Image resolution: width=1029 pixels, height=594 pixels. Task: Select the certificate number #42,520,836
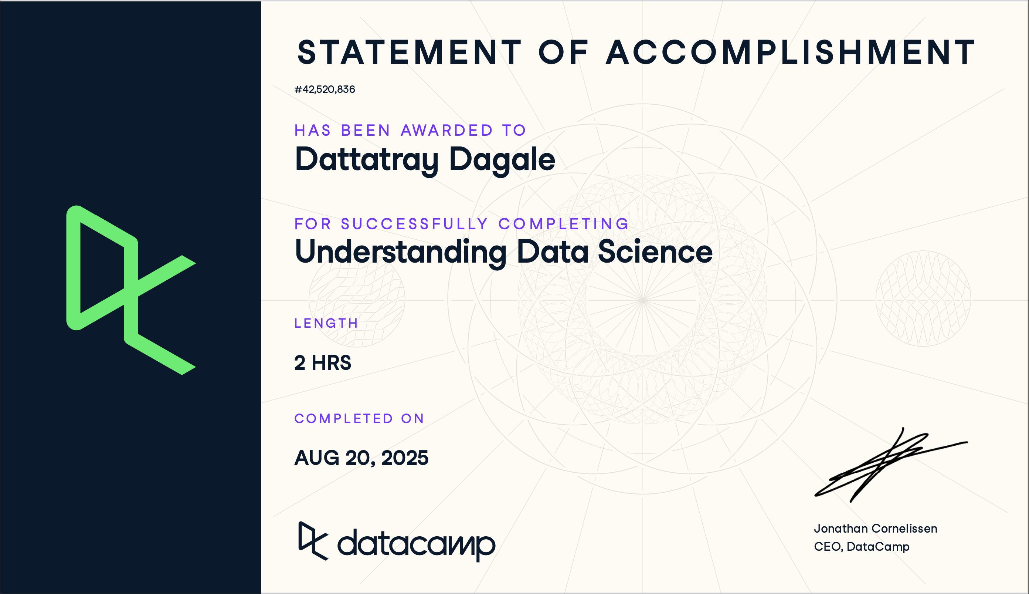[x=325, y=90]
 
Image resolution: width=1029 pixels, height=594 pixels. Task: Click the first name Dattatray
[x=366, y=159]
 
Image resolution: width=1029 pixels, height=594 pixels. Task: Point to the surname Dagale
[x=502, y=159]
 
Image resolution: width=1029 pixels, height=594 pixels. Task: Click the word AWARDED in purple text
[x=447, y=131]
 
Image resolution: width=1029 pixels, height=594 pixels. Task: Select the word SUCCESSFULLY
[x=414, y=224]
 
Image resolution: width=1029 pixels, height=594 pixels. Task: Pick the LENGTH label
[x=326, y=323]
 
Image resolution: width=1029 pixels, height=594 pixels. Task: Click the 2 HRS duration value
[x=322, y=363]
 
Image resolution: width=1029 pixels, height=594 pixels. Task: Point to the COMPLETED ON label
[x=359, y=419]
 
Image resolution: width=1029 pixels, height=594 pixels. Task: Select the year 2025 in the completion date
[x=404, y=458]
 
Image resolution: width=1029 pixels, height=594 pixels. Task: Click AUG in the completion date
[x=317, y=458]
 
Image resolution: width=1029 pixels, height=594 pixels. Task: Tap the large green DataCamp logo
[x=130, y=290]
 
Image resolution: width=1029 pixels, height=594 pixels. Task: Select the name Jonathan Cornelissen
[x=875, y=529]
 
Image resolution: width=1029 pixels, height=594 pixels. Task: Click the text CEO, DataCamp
[x=862, y=547]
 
